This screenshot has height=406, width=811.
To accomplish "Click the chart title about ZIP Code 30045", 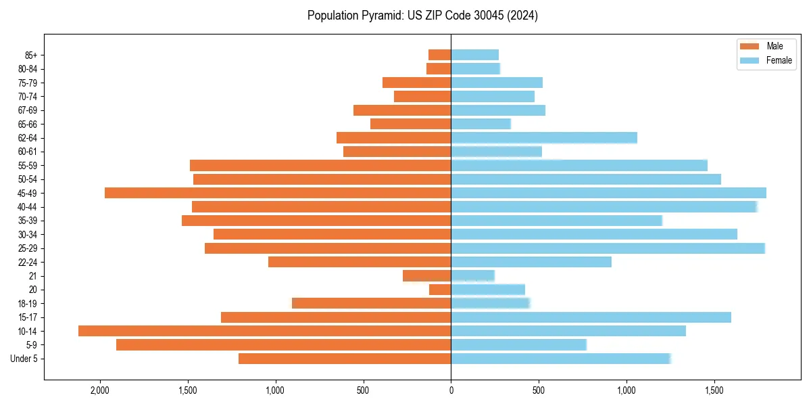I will click(422, 16).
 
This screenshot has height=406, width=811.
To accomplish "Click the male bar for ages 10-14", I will click(264, 331).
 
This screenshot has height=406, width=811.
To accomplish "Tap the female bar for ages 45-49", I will click(608, 193).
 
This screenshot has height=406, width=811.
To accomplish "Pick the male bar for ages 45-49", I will click(278, 193).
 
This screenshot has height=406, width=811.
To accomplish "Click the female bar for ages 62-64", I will click(544, 137).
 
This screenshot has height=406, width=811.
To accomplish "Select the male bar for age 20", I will click(440, 290).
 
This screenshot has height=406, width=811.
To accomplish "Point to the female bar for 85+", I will click(474, 55).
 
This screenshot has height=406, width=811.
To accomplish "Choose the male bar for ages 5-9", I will click(283, 344).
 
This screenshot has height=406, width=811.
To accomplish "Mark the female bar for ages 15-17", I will click(591, 317).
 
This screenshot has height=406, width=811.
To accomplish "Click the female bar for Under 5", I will click(560, 359).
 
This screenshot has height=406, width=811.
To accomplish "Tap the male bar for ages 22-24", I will click(360, 262).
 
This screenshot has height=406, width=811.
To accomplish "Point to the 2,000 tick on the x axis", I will click(100, 390).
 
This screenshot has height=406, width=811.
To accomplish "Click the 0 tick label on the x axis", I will click(451, 390).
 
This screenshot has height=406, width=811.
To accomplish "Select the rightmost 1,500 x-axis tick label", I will click(714, 390).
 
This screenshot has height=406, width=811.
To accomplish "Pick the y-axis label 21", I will click(32, 275).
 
